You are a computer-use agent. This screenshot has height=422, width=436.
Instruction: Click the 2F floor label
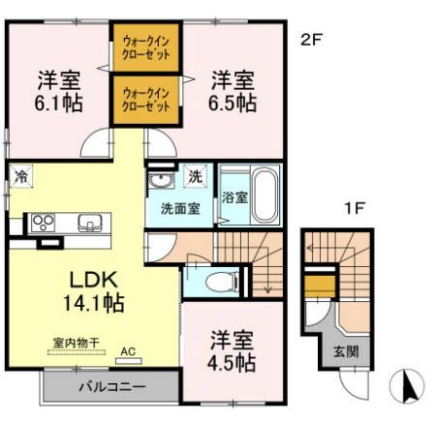pos(310,40)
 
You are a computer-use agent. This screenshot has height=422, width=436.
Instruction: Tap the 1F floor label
pos(356,206)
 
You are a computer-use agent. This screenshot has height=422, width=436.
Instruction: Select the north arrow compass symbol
pos(408,387)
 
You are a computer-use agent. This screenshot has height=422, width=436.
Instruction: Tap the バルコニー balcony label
pos(111,387)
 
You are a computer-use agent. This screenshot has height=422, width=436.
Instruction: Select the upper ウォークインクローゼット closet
pos(145,48)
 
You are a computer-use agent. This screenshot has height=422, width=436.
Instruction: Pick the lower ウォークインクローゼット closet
pos(145,99)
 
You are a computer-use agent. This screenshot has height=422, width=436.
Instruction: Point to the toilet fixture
pos(220,283)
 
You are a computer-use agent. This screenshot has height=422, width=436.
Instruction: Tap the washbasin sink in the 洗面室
pos(161,183)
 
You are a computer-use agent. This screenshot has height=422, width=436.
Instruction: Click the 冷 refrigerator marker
pos(20,177)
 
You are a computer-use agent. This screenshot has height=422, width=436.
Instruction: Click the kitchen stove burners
pos(44,222)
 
